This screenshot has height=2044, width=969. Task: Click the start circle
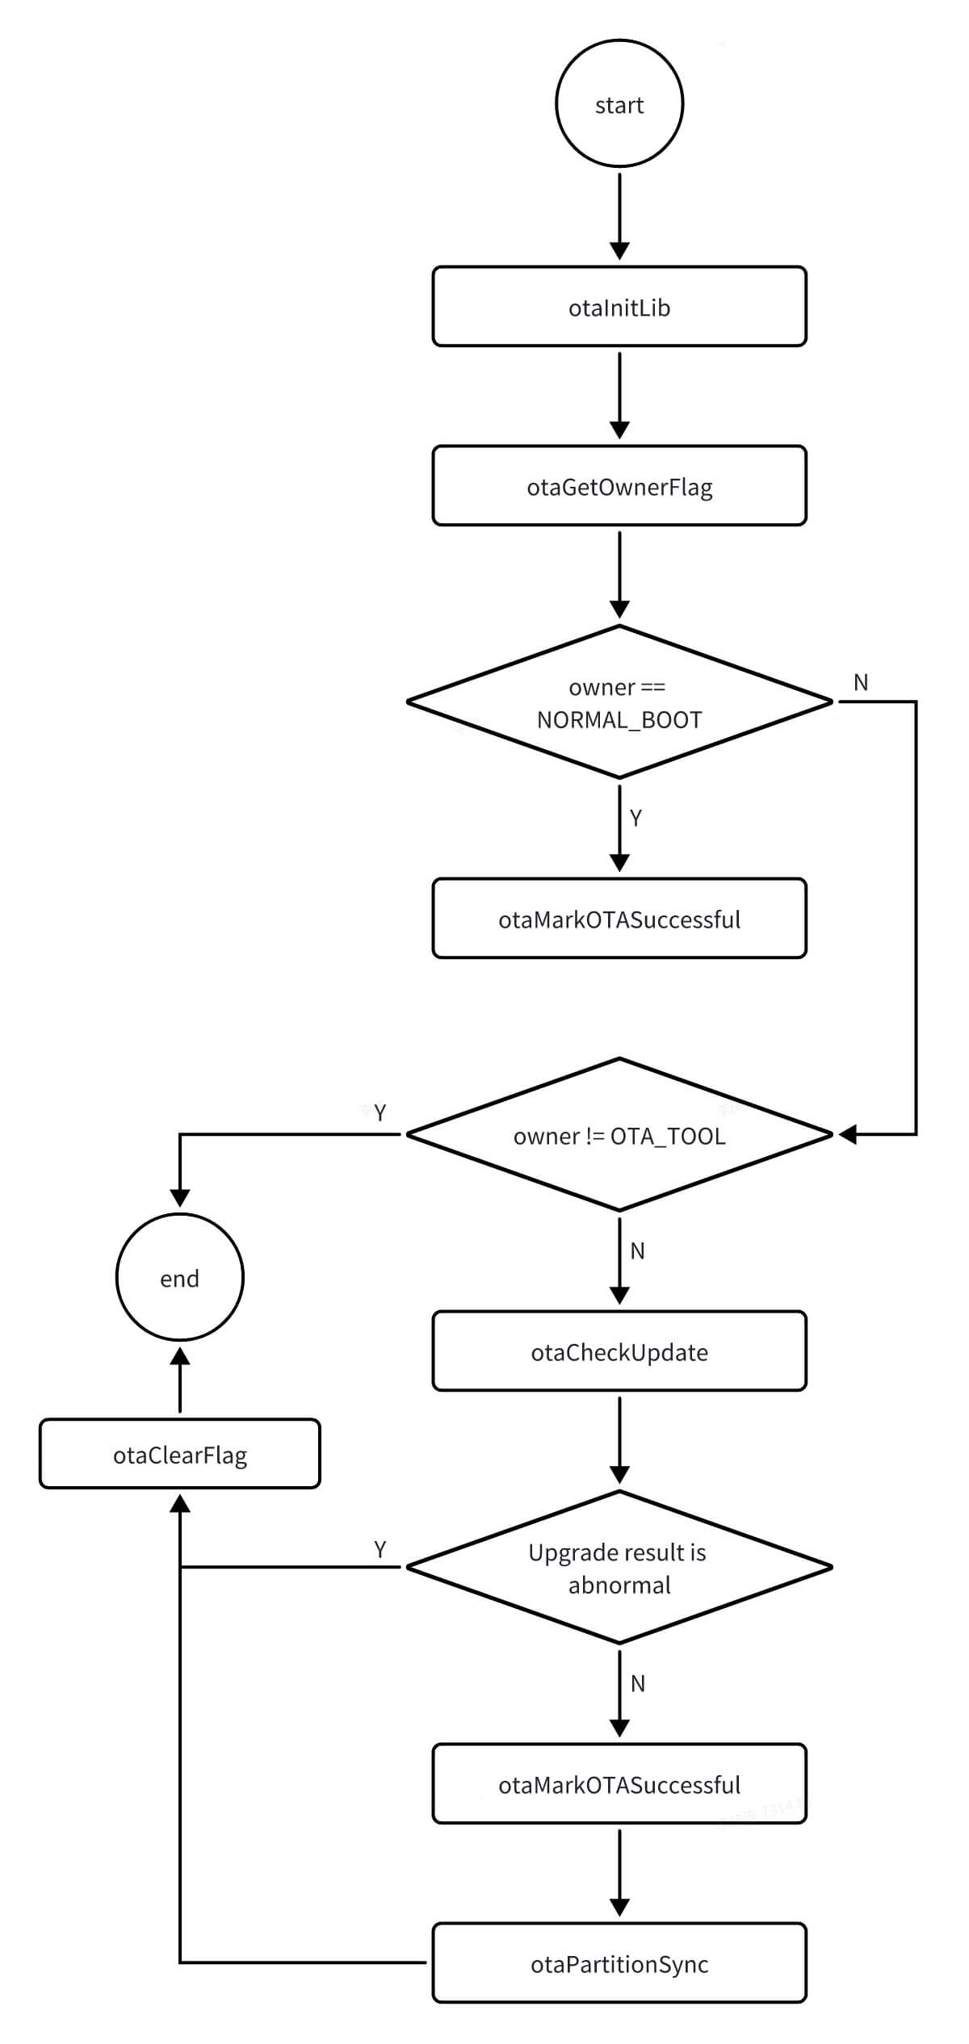tap(619, 103)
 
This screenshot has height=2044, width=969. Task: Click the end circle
tap(179, 1278)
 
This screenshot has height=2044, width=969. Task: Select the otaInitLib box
tap(619, 307)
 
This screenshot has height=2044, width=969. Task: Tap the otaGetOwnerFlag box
tap(619, 486)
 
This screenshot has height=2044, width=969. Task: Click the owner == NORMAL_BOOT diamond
tap(619, 702)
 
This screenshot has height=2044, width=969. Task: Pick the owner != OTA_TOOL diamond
tap(619, 1135)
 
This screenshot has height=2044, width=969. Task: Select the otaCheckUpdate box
tap(619, 1351)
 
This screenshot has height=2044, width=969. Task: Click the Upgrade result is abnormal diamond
tap(619, 1568)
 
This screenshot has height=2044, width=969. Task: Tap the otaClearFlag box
tap(179, 1454)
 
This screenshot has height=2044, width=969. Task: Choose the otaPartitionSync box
tap(619, 1963)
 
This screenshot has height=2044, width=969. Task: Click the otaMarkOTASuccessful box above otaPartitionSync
tap(619, 1784)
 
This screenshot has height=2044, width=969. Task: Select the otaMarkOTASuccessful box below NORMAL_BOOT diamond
tap(619, 919)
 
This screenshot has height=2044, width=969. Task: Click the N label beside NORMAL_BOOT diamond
tap(861, 683)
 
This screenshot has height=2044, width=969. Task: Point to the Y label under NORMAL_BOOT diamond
tap(636, 819)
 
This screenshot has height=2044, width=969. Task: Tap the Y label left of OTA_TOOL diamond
tap(380, 1113)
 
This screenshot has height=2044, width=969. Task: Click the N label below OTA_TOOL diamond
tap(637, 1251)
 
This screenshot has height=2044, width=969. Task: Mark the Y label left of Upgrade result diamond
tap(380, 1549)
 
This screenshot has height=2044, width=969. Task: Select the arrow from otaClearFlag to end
tap(179, 1381)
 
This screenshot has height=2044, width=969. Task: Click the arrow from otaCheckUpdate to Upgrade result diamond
tap(619, 1440)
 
